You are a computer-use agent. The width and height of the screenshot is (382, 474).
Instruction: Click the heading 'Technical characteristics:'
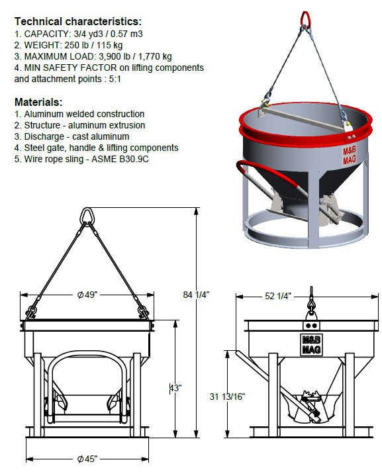tap(77, 21)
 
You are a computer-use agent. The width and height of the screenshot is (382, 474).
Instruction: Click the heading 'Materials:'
tap(38, 102)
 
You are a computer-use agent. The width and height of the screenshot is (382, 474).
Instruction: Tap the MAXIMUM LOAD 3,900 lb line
tap(93, 56)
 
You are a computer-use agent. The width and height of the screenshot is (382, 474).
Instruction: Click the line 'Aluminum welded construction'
tap(79, 114)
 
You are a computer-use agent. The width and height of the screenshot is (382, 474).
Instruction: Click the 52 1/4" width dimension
tap(277, 295)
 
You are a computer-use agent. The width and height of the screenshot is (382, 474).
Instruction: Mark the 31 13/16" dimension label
tap(226, 396)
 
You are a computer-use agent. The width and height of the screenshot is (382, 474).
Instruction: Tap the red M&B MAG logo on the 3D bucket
tap(349, 155)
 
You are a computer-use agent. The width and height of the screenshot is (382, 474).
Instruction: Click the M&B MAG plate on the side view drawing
tap(310, 342)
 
